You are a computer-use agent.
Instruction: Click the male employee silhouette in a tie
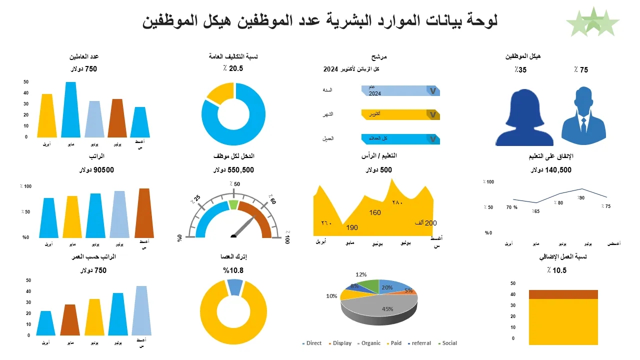pyautogui.click(x=583, y=117)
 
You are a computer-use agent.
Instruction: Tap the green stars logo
pyautogui.click(x=592, y=22)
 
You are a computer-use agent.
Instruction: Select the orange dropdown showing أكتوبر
pyautogui.click(x=400, y=114)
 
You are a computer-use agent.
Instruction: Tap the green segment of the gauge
pyautogui.click(x=233, y=204)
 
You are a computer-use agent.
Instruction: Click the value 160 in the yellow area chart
pyautogui.click(x=375, y=213)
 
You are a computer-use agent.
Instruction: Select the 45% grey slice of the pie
pyautogui.click(x=380, y=306)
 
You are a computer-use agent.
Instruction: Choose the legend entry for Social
pyautogui.click(x=447, y=343)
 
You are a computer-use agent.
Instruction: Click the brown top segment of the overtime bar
pyautogui.click(x=563, y=294)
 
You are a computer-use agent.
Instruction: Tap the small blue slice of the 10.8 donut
pyautogui.click(x=234, y=287)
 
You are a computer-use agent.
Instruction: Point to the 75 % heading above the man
pyautogui.click(x=581, y=70)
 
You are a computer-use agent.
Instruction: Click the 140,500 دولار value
pyautogui.click(x=550, y=170)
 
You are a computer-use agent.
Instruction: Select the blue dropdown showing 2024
pyautogui.click(x=400, y=90)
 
